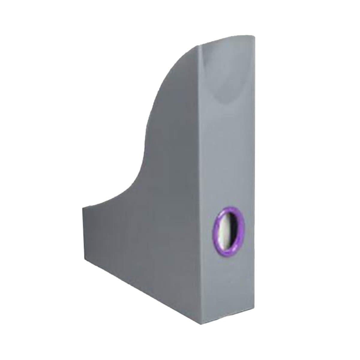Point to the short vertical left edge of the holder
tap(82, 229)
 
